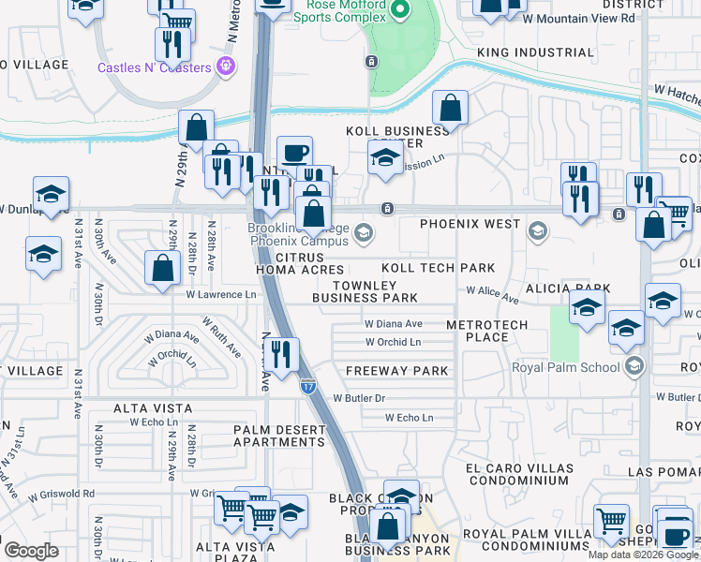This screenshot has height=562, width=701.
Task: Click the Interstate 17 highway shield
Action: pos(307,385)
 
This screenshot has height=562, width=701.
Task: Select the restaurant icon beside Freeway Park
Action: pos(280,355)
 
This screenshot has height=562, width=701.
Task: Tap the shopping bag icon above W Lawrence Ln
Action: pos(163,268)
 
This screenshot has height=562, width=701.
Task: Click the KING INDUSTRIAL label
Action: pos(535,52)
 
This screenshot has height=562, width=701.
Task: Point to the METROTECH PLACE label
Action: pos(486,331)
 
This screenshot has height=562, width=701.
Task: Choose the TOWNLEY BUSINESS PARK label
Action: pos(365,291)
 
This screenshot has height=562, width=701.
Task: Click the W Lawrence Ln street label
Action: pos(221,295)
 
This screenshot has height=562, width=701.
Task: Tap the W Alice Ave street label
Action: pos(492,296)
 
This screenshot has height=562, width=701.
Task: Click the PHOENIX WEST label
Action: pos(470,224)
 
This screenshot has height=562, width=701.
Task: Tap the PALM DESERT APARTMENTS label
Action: pos(278,436)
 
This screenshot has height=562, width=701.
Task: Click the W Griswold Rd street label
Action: pos(62,493)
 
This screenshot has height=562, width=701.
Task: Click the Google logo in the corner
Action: pos(31,550)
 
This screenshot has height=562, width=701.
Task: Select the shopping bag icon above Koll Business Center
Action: pos(450,108)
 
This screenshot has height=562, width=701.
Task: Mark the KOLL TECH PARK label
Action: pos(438,268)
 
